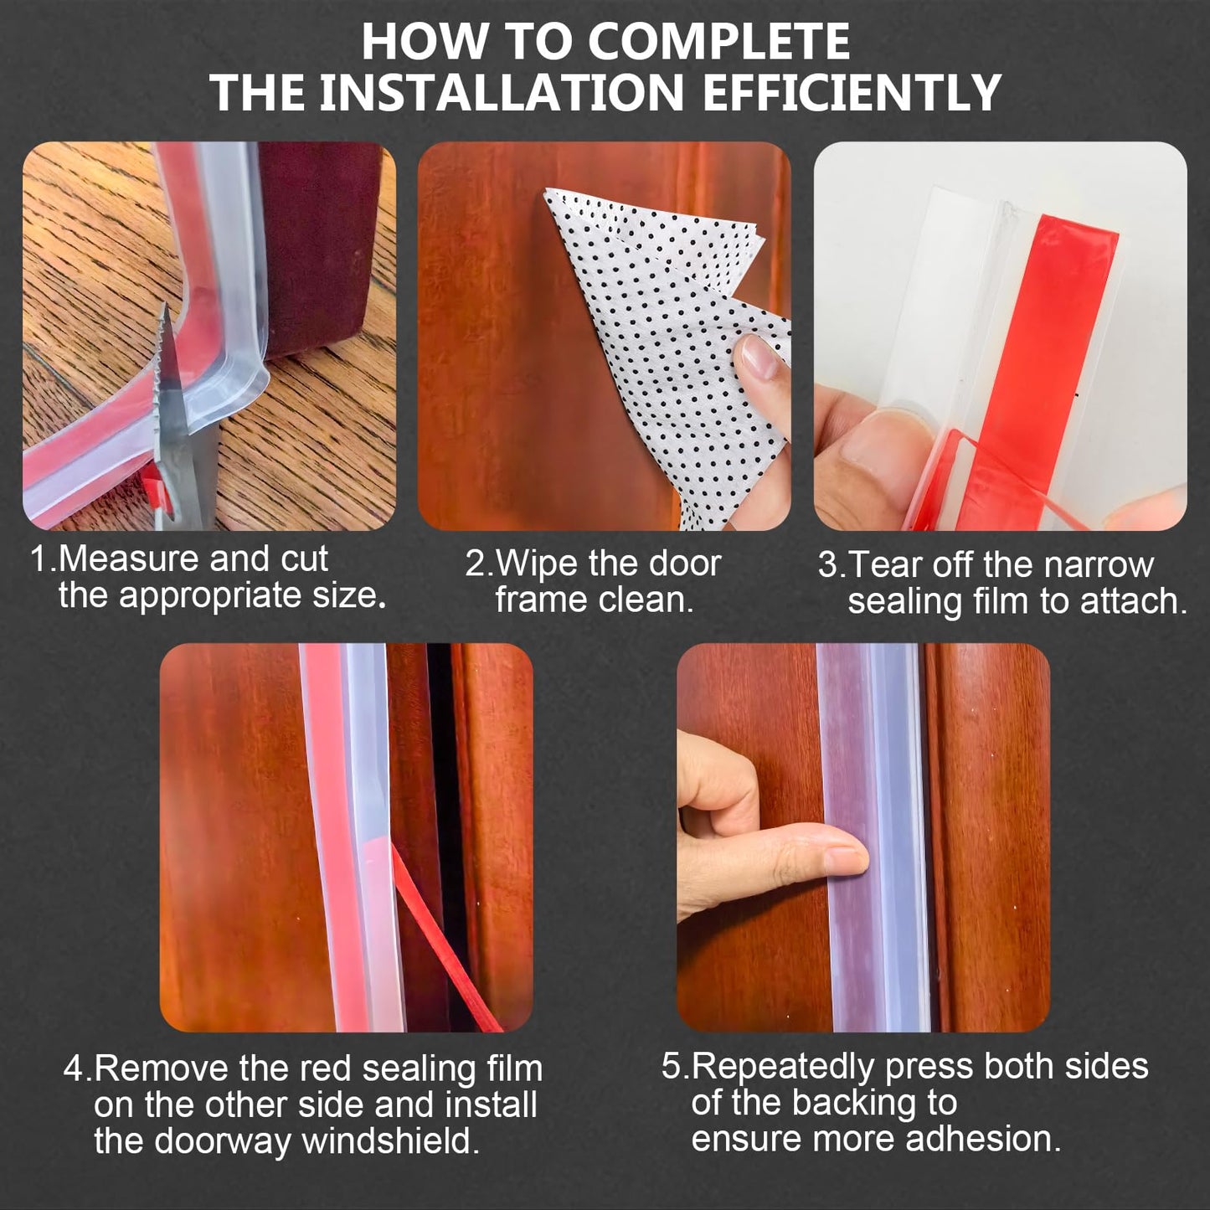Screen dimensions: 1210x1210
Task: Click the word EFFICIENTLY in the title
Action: [852, 92]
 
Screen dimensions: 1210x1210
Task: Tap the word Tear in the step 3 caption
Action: [879, 565]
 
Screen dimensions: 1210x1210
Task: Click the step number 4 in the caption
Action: [75, 1069]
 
